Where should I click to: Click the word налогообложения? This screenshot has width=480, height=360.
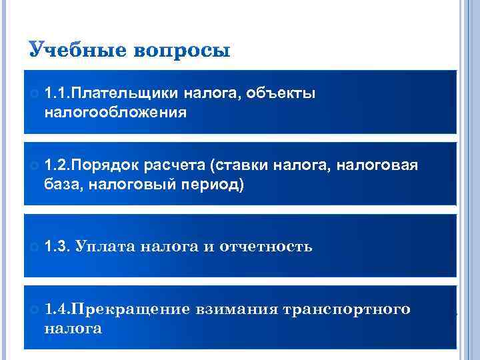[115, 112]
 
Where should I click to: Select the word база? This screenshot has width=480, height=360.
[64, 183]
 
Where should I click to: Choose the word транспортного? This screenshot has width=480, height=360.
[347, 309]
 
